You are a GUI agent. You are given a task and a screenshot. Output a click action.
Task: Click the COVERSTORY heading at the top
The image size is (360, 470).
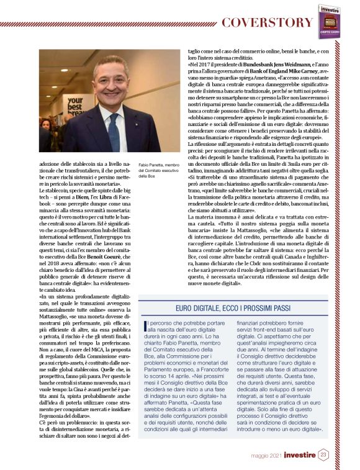point(268,23)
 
